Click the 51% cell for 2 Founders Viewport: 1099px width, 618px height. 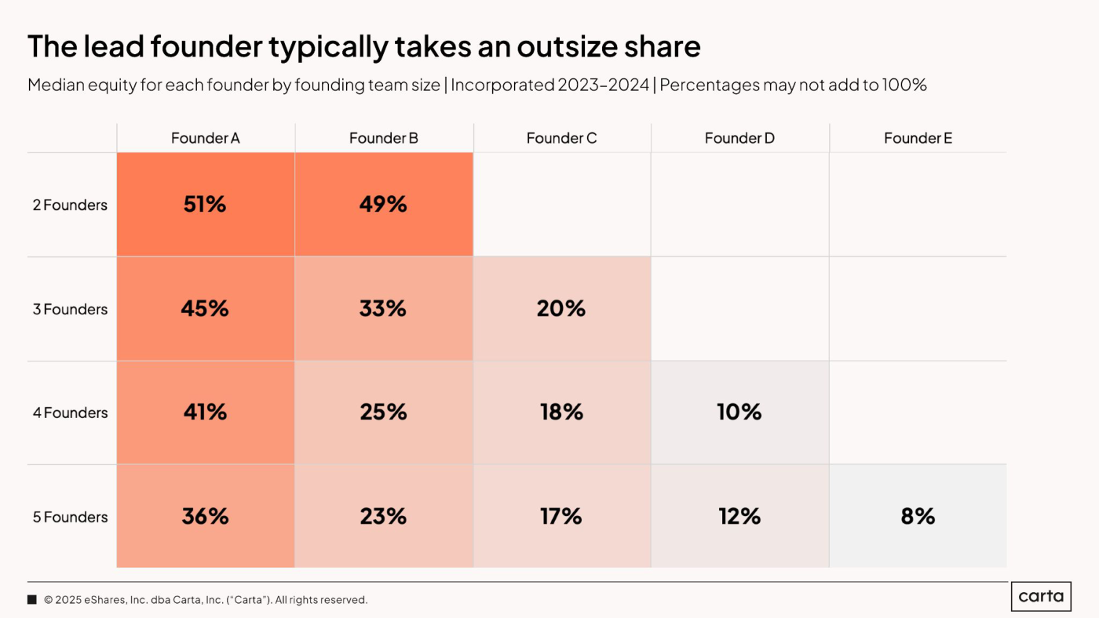coord(206,205)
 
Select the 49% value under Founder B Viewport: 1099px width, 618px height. coord(384,205)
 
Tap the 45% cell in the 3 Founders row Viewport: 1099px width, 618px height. coord(206,309)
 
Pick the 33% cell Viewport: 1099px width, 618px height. coord(384,309)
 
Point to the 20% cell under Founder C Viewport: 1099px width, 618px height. coord(562,309)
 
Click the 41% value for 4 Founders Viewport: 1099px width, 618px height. coord(206,413)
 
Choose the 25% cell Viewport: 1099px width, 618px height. coord(384,413)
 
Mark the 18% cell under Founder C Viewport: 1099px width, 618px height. coord(562,413)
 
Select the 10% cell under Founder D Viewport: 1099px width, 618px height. coord(740,413)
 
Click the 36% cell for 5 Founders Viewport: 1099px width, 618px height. coord(206,517)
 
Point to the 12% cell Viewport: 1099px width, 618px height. coord(740,517)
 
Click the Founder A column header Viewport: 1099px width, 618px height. coord(206,138)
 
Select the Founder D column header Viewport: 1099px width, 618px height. coord(739,138)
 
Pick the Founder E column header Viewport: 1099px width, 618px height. coord(918,138)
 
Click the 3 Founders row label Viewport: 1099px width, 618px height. coord(70,309)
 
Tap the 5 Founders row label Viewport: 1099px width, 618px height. coord(70,517)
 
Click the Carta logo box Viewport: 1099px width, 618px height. coord(1041,597)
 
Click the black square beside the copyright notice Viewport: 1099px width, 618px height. coord(32,599)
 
